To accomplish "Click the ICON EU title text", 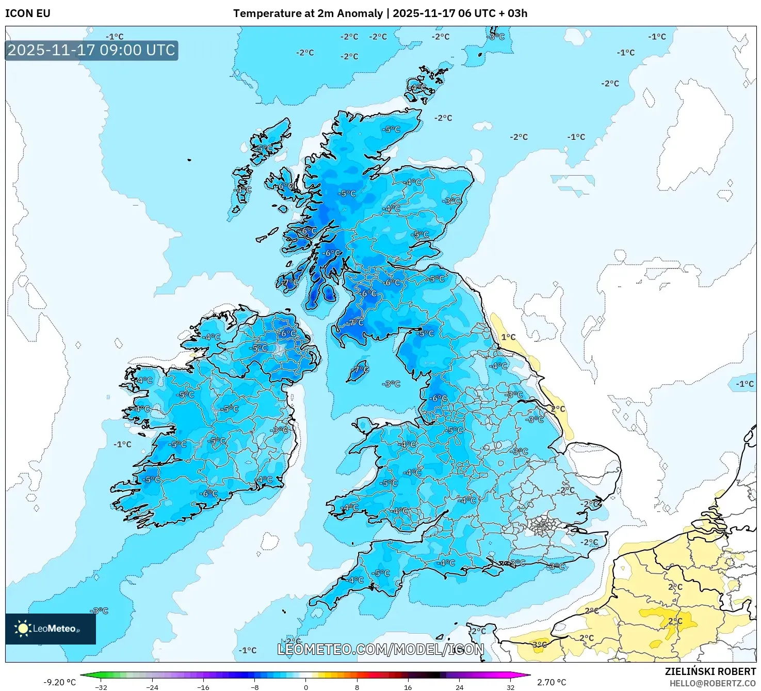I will click(28, 13).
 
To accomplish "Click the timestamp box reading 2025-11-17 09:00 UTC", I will click(92, 51).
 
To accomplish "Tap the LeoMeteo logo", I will click(50, 629).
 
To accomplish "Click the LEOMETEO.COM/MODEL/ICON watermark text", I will click(381, 649).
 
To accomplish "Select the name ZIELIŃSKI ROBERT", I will click(710, 672).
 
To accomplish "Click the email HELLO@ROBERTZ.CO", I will click(713, 683).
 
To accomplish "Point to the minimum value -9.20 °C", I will click(59, 682).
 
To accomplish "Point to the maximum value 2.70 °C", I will click(552, 682).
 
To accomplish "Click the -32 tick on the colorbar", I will click(101, 687).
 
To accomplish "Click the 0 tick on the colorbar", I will click(306, 687).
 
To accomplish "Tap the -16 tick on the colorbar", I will click(203, 687).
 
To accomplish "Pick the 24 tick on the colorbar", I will click(459, 687).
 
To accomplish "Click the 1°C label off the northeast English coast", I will click(508, 337).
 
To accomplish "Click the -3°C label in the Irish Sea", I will click(392, 384).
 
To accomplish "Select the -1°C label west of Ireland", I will click(123, 444).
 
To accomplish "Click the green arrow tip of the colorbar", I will click(83, 675).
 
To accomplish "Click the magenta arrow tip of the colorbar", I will click(528, 675).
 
